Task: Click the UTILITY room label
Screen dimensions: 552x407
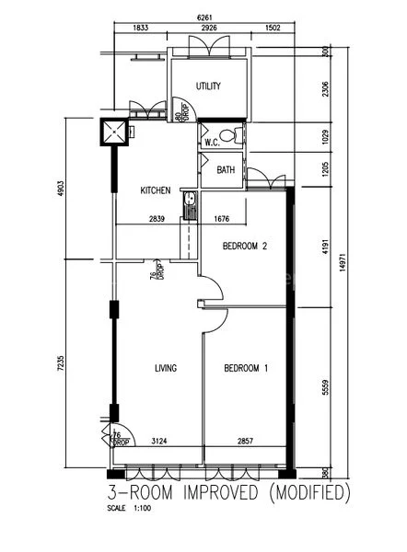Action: (x=208, y=86)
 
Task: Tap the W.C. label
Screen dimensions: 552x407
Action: (x=210, y=142)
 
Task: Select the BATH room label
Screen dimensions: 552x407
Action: (x=226, y=170)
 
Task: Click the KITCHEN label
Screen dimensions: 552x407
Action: (x=155, y=190)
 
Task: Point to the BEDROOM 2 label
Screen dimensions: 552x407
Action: (x=245, y=246)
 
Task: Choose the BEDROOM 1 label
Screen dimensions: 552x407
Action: (x=245, y=368)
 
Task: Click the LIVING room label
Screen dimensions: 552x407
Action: (x=165, y=368)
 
